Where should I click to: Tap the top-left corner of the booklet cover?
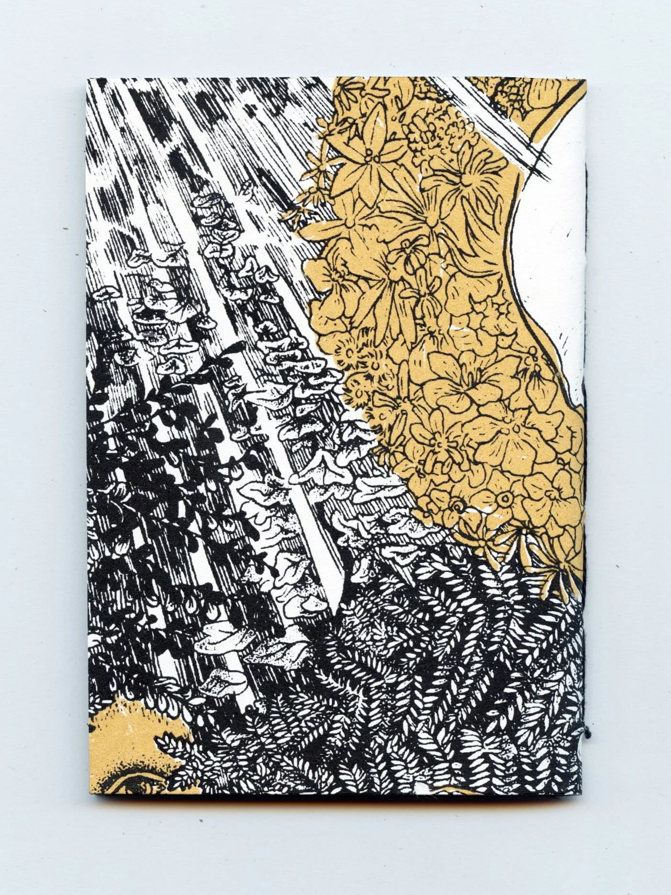[x=87, y=79]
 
